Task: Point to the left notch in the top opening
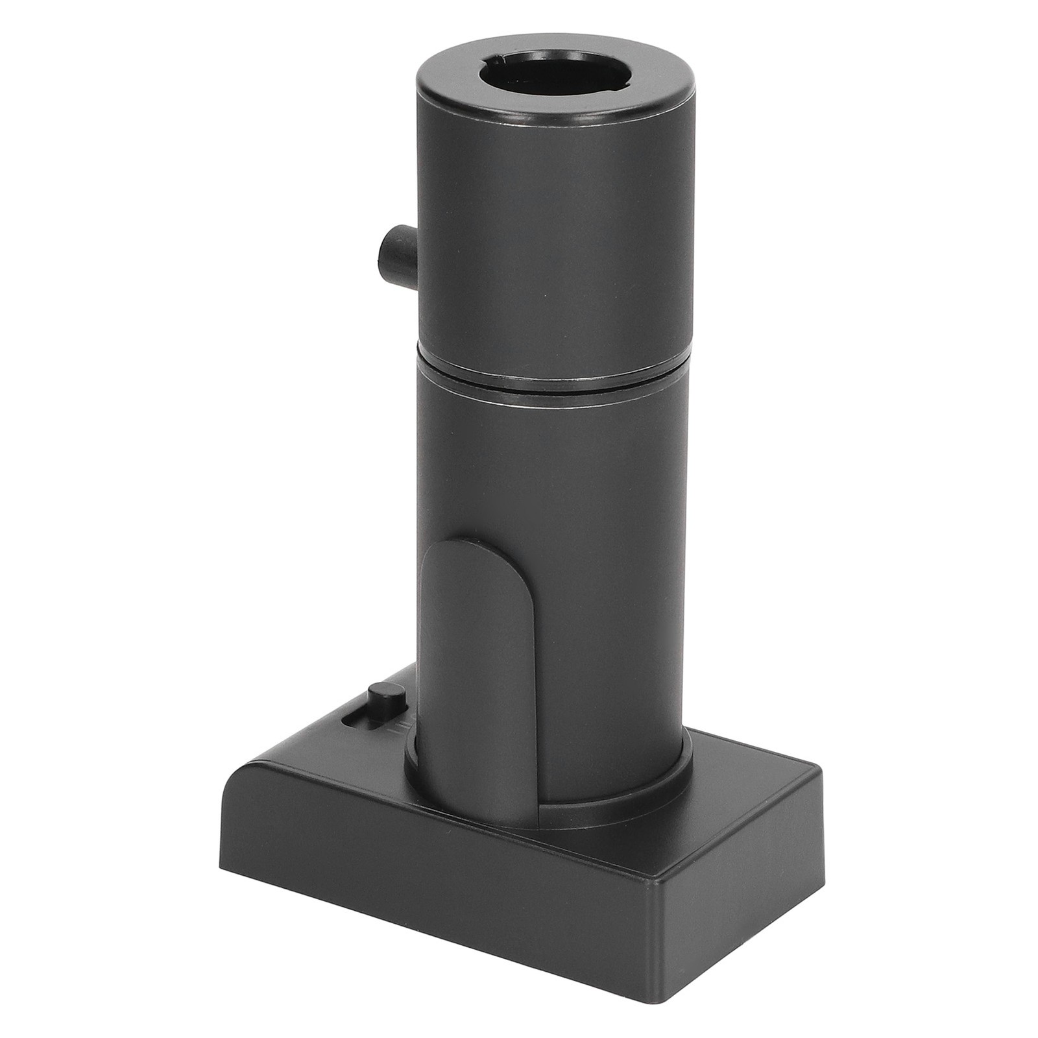tap(498, 62)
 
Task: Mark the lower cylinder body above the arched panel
tap(551, 467)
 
